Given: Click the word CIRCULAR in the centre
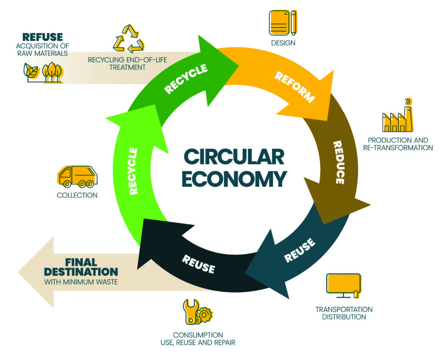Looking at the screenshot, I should (234, 157).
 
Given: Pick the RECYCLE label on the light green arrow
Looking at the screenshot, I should (133, 170).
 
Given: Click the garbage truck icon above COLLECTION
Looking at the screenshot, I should (78, 176).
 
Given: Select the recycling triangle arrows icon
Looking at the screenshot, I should (128, 39).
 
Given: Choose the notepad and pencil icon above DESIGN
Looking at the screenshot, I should (283, 23).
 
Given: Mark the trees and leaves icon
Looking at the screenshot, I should (43, 72).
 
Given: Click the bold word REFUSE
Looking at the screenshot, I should (42, 37).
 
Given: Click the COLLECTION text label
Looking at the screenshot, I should (77, 195).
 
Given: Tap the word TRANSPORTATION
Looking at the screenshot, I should (344, 309).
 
